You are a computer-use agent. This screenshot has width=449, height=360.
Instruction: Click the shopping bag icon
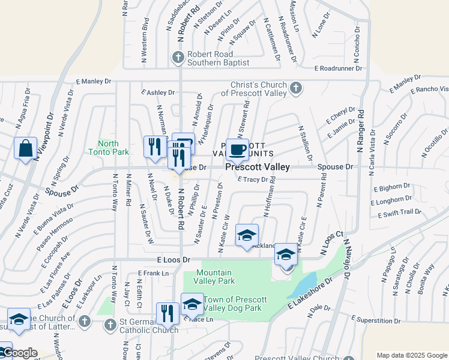pyautogui.click(x=26, y=148)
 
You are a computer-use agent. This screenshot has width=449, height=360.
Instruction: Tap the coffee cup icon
pyautogui.click(x=238, y=149)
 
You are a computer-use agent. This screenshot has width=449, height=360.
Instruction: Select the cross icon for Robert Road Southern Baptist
pyautogui.click(x=178, y=58)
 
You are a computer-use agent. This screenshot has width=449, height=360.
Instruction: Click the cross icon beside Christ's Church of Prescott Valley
pyautogui.click(x=295, y=88)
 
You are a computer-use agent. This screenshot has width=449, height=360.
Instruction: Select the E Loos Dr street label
pyautogui.click(x=173, y=260)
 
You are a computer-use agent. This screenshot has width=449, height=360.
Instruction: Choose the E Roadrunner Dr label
pyautogui.click(x=339, y=68)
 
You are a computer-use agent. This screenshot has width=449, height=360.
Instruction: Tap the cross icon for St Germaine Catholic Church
pyautogui.click(x=109, y=325)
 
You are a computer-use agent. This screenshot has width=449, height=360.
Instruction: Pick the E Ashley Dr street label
pyautogui.click(x=157, y=92)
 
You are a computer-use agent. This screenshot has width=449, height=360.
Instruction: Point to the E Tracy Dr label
pyautogui.click(x=252, y=179)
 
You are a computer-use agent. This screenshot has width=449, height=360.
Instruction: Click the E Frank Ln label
pyautogui.click(x=153, y=273)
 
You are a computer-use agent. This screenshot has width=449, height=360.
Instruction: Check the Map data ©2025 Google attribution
pyautogui.click(x=411, y=355)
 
